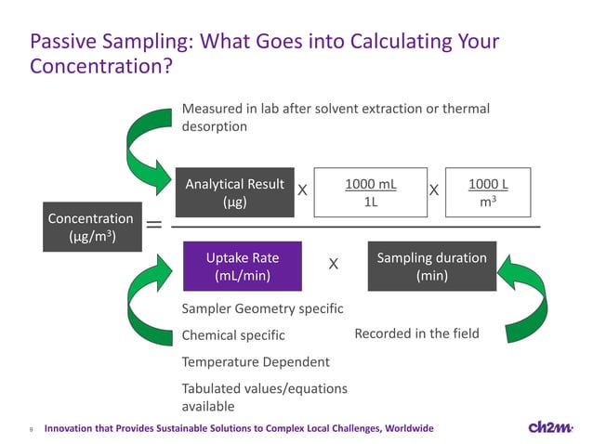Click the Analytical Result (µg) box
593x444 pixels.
234,192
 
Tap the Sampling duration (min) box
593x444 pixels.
431,267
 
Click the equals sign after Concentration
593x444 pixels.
152,225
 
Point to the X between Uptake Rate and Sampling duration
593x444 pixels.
333,266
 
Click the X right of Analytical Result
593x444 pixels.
302,190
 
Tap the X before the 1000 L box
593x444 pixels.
433,190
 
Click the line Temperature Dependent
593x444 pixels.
256,361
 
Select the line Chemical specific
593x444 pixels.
233,334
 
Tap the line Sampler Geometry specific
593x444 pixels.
263,307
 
